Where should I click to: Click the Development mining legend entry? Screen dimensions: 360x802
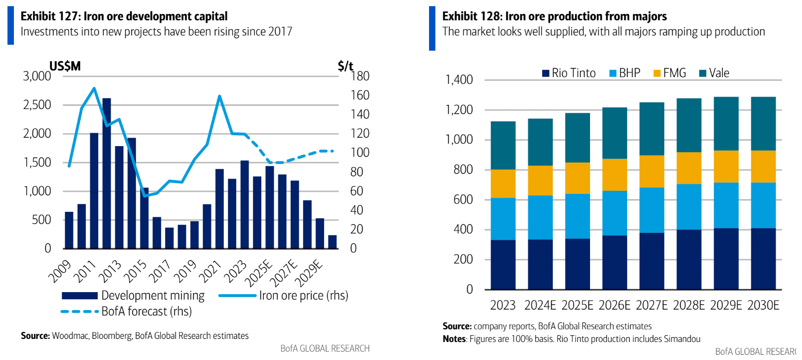click(133, 296)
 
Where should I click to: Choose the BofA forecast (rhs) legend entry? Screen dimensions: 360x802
click(126, 311)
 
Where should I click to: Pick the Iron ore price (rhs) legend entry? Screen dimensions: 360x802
click(283, 296)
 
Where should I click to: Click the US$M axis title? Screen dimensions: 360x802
click(65, 66)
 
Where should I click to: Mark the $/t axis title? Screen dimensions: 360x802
click(346, 66)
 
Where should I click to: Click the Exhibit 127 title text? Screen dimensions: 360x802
click(124, 16)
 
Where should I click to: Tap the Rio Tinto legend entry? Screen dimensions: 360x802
click(568, 73)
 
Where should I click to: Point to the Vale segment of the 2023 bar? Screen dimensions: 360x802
click(503, 146)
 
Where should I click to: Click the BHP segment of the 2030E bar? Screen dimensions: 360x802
click(763, 205)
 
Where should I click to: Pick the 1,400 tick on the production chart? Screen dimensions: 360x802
click(459, 80)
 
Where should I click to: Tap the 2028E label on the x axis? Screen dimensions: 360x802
click(688, 305)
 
